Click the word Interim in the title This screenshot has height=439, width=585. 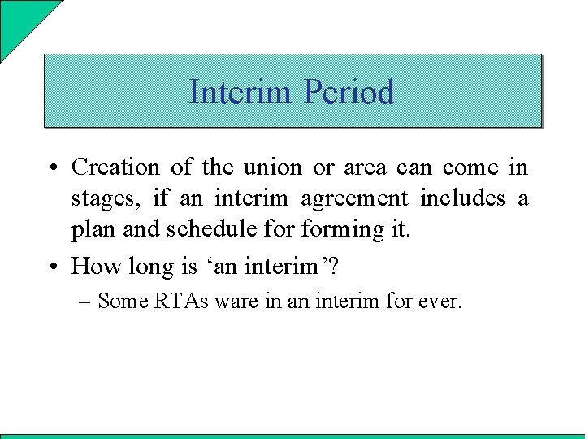242,92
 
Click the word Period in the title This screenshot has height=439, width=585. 349,92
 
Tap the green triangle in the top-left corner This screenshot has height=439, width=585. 20,20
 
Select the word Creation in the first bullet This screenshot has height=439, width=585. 116,167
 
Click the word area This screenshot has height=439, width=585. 365,167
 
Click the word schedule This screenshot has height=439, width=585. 204,230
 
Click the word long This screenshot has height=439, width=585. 147,266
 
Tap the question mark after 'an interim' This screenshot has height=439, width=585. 332,266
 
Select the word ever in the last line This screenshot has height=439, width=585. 439,302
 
